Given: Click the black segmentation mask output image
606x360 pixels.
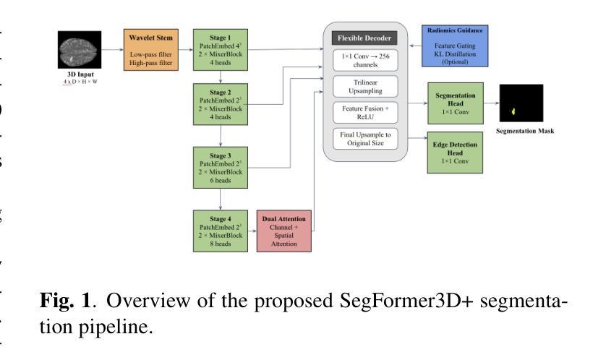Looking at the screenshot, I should [520, 103].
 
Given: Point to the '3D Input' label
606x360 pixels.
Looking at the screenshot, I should [77, 74].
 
